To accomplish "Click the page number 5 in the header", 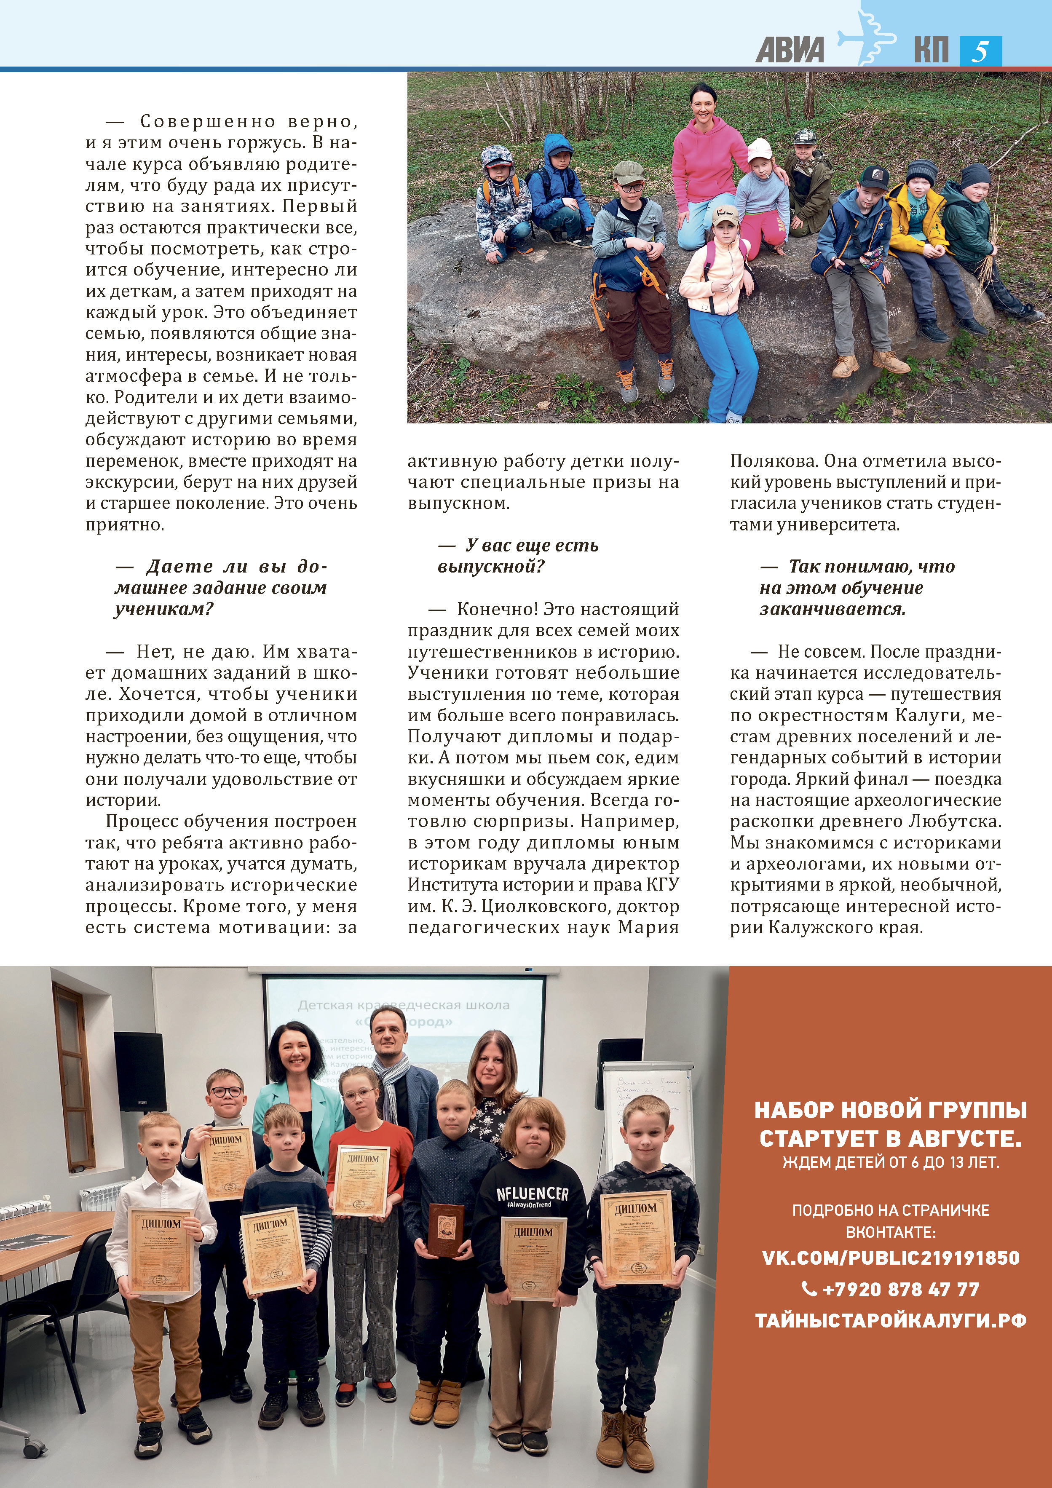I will (980, 51).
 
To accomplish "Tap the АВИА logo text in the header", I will (790, 51).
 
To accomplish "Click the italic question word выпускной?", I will (491, 566).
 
